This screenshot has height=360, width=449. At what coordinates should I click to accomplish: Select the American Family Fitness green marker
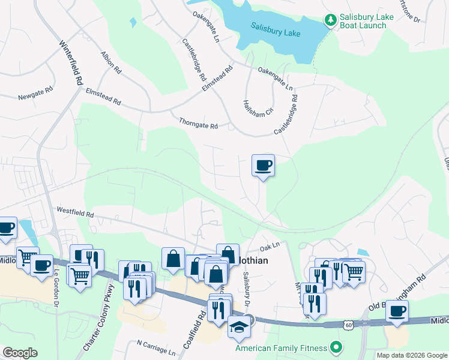tap(336, 347)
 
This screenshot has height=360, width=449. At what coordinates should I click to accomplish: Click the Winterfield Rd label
tap(70, 62)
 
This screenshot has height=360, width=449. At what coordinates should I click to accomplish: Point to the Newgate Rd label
tap(35, 97)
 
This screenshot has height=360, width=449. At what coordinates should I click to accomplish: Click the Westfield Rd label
tap(75, 212)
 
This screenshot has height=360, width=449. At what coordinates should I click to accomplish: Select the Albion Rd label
tap(112, 62)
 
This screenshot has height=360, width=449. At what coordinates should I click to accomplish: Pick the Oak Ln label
tap(270, 246)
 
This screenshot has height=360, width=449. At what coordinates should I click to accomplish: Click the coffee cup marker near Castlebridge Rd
tap(262, 165)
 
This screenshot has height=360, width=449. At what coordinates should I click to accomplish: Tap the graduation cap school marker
tap(238, 327)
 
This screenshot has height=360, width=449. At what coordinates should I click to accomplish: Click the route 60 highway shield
tap(348, 325)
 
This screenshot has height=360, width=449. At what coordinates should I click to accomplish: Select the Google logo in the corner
tap(20, 352)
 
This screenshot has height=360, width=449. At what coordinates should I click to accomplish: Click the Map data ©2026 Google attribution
tap(412, 355)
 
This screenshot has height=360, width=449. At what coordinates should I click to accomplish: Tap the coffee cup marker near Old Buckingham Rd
tap(397, 311)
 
